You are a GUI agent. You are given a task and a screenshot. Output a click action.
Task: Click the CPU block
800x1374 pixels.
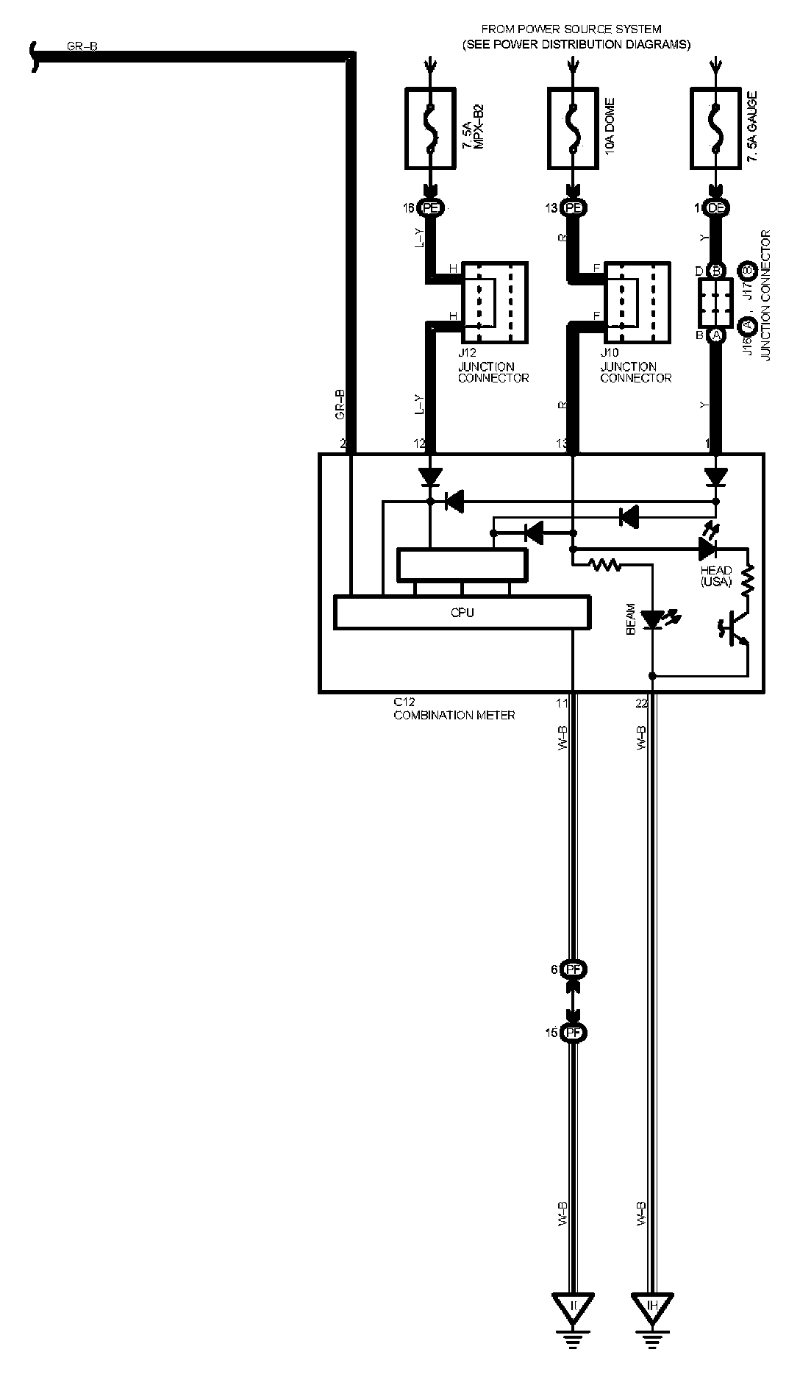pyautogui.click(x=462, y=613)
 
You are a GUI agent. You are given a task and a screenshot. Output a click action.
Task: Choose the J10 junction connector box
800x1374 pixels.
pyautogui.click(x=637, y=302)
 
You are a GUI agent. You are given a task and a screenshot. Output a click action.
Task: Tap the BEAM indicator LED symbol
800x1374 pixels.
pyautogui.click(x=652, y=620)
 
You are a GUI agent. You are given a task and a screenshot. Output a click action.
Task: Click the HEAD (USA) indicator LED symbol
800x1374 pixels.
pyautogui.click(x=708, y=547)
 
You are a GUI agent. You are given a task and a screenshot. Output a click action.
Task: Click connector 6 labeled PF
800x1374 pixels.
pyautogui.click(x=574, y=969)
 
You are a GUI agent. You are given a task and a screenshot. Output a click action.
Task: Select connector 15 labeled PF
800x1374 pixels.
pyautogui.click(x=574, y=1033)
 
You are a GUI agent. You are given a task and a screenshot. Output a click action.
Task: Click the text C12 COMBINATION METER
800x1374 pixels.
pyautogui.click(x=454, y=709)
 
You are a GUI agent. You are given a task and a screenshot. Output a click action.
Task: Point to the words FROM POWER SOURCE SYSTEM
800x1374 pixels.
pyautogui.click(x=571, y=29)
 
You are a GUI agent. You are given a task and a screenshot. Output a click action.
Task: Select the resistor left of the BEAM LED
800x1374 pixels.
pyautogui.click(x=606, y=565)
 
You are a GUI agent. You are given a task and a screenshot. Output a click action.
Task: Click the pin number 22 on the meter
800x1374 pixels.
pyautogui.click(x=641, y=703)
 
